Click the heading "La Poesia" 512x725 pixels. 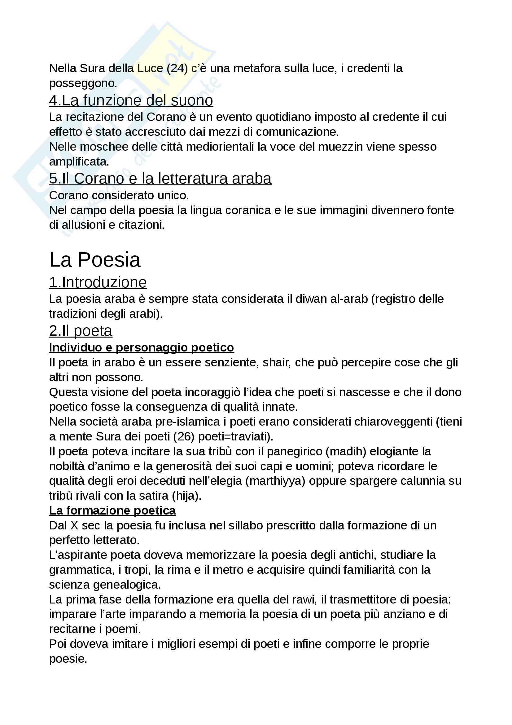coord(95,260)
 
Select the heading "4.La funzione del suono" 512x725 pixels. coord(131,100)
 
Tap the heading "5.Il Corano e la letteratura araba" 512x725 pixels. coord(160,179)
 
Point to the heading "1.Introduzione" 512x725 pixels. coord(98,282)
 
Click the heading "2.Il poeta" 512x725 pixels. coord(81,331)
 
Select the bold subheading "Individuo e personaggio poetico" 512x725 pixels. coord(141,347)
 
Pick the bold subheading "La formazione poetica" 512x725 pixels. coord(112,511)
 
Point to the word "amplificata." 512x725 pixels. coord(79,162)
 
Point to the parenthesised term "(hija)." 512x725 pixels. coord(186,496)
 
